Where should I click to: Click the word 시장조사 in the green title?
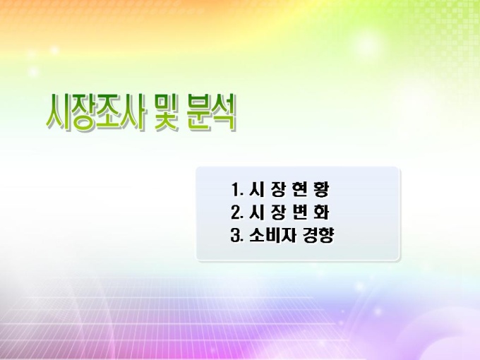95,112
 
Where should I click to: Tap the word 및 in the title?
167,112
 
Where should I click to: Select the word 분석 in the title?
212,112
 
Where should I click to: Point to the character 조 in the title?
108,112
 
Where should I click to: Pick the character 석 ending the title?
224,112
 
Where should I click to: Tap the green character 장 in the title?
83,113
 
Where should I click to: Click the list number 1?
236,189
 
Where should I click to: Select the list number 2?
237,212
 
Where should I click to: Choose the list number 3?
237,235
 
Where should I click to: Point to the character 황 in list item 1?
321,190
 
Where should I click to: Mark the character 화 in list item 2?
321,212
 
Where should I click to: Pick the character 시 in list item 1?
256,189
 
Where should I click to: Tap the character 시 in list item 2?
256,212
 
